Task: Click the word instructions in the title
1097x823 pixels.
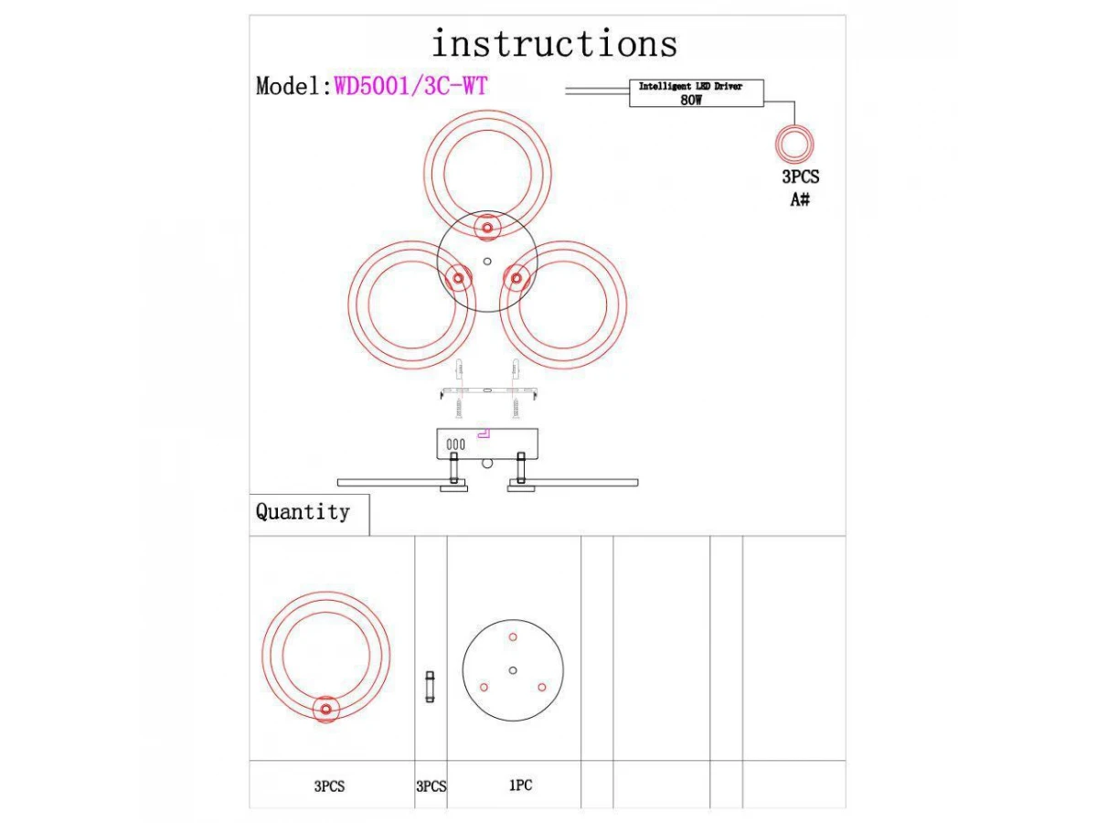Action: coord(554,44)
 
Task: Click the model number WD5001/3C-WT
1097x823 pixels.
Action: coord(410,86)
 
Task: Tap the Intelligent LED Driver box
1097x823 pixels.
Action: coord(696,93)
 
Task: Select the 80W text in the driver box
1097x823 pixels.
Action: coord(690,100)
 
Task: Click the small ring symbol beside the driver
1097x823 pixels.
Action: coord(793,144)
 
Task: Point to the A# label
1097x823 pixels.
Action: coord(800,198)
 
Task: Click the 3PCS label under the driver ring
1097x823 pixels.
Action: coord(800,177)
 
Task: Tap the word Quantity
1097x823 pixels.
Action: coord(303,512)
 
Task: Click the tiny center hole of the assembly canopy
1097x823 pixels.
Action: coord(487,261)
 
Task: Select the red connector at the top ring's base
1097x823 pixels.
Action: coord(487,227)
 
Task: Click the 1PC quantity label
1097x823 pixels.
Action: coord(520,785)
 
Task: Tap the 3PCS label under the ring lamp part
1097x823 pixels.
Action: coord(329,786)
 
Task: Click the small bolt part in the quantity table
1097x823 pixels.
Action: coord(430,687)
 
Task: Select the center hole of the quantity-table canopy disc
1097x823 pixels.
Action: coord(513,670)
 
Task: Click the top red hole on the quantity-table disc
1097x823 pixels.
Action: coord(513,636)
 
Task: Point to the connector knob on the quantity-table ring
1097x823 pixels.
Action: coord(325,710)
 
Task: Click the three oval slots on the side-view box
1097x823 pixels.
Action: coord(455,444)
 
